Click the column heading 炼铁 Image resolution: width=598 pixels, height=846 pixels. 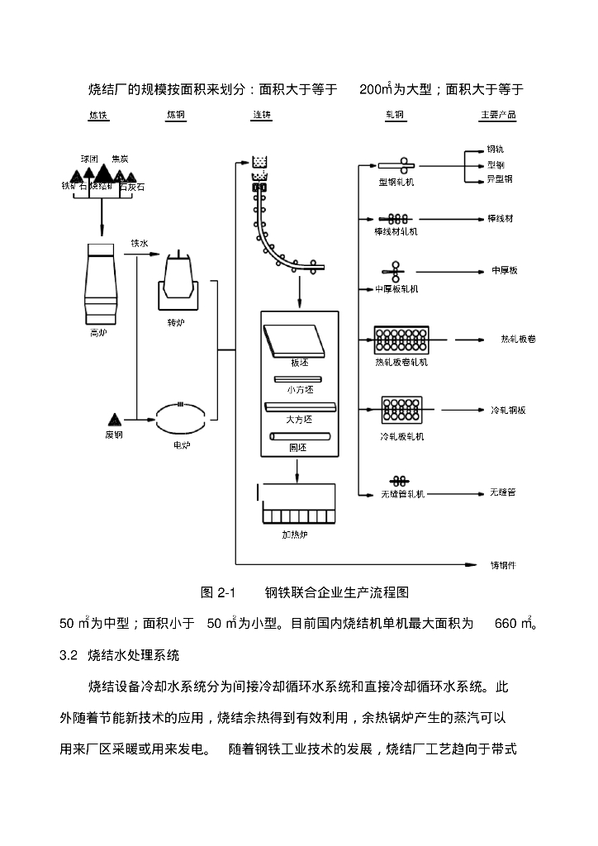point(98,115)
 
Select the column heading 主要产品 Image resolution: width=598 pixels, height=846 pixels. point(498,115)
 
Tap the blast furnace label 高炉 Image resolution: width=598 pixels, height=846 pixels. point(99,333)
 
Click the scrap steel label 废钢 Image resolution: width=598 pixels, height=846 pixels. point(114,434)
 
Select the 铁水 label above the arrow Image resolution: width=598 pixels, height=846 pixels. point(140,244)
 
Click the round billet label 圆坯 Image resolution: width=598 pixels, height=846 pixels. point(299,447)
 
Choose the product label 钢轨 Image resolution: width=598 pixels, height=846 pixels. point(496,150)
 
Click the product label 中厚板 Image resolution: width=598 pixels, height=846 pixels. point(504,270)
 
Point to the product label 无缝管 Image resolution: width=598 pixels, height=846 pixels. point(502,492)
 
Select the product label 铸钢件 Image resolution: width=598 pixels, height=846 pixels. point(503,565)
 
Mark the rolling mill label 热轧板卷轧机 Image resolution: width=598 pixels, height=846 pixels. point(401,362)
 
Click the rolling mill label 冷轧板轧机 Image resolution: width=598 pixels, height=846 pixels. point(401,435)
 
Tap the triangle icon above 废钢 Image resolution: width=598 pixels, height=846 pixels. point(114,420)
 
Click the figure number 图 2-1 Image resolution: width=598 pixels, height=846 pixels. point(219,592)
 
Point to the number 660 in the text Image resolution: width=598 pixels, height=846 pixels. point(505,624)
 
